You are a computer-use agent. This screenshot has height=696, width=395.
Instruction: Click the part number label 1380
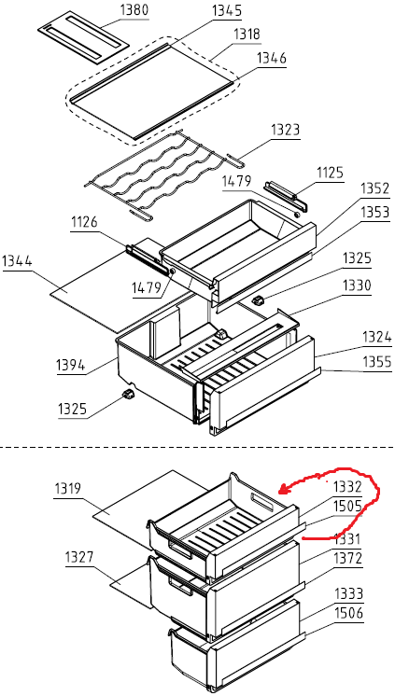pos(134,10)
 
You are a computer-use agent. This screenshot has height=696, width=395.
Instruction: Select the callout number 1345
pos(227,10)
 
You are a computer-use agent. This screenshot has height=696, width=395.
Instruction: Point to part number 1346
pos(272,58)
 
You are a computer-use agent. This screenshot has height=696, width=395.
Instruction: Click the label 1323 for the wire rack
pos(286,130)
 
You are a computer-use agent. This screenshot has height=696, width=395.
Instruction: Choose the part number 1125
pos(330,173)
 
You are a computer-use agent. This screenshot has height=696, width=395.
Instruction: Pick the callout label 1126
pos(84,222)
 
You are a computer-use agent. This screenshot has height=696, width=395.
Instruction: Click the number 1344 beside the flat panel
pos(18,260)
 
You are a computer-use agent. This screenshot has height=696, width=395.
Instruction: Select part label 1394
pos(71,366)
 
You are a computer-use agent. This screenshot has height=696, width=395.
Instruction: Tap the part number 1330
pos(357,285)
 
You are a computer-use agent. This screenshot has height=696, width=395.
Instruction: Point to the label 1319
pos(67,489)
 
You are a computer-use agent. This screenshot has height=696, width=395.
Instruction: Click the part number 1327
pos(79,557)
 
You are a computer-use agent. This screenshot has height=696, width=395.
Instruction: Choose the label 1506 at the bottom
pos(349,613)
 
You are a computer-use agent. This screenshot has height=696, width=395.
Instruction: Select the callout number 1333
pos(349,593)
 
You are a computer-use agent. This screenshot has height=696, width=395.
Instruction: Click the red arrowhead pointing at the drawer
pos(283,491)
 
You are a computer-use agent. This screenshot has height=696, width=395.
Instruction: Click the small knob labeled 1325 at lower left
pos(128,394)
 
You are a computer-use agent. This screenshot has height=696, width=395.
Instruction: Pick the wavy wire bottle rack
pos(164,174)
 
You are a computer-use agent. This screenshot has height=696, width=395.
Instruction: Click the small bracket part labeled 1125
pos(286,194)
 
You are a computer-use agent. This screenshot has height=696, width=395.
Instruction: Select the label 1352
pos(374,188)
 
